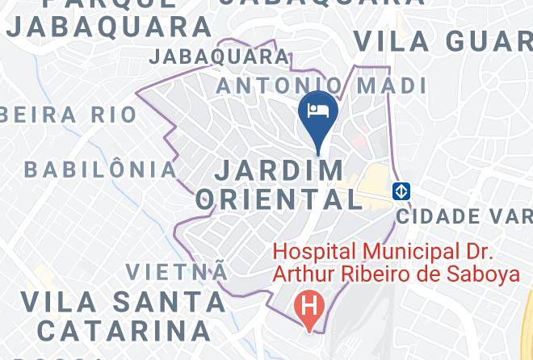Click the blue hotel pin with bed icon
[319, 114]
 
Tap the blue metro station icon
[401, 191]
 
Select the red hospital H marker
[308, 307]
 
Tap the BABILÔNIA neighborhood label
[100, 170]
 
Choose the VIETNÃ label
[177, 271]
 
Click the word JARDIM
[279, 170]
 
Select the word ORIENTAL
[279, 199]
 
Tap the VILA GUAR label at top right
[443, 40]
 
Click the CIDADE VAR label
[464, 216]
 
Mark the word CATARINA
[124, 330]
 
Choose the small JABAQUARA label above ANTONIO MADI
[219, 57]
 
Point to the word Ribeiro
[376, 274]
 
